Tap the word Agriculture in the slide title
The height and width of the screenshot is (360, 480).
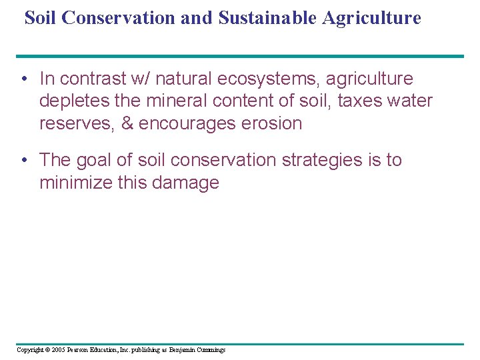tap(371, 18)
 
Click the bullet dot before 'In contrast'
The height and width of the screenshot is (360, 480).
tap(23, 79)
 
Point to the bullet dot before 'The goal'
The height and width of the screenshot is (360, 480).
tap(23, 161)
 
